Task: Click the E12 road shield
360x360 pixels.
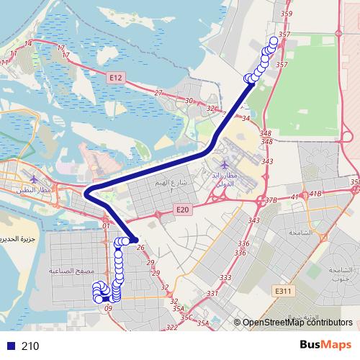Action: (117, 76)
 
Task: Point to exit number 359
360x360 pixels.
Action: (287, 14)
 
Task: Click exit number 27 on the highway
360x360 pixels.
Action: (158, 93)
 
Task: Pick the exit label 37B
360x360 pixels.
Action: (271, 200)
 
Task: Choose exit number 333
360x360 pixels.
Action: (225, 277)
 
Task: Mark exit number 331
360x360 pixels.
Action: (212, 293)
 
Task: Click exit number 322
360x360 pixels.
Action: (171, 327)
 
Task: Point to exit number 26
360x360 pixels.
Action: (140, 248)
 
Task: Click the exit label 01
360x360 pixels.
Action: (106, 225)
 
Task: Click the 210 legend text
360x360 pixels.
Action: (30, 346)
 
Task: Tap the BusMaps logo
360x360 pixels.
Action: (325, 345)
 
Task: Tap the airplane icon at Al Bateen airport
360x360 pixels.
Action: (33, 177)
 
